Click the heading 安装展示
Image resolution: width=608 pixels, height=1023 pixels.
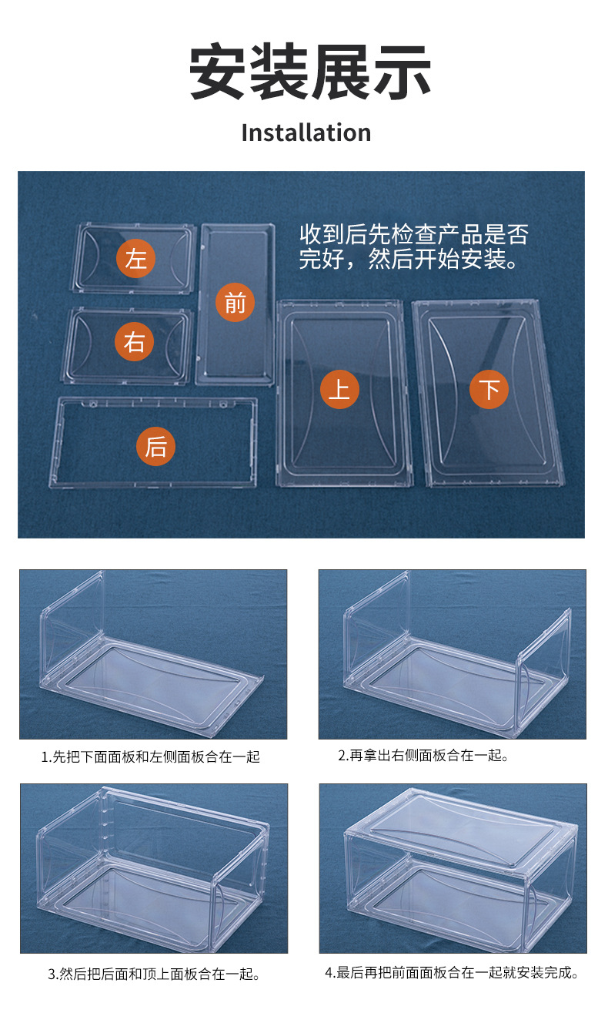(310, 72)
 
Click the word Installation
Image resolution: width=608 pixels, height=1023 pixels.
(306, 132)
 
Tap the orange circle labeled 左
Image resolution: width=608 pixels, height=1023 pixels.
(136, 257)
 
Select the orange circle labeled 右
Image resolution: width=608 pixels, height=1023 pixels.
(135, 341)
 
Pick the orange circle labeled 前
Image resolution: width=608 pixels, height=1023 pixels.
(235, 303)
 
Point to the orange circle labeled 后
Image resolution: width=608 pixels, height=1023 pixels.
(155, 446)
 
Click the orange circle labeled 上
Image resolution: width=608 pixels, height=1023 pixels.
(339, 389)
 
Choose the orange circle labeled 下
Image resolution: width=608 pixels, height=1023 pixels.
(489, 389)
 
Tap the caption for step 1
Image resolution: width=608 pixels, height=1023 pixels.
(150, 757)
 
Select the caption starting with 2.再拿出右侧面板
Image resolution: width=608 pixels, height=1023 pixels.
(423, 756)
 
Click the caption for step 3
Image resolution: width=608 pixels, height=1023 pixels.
(154, 974)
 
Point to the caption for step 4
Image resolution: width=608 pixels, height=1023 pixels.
(451, 973)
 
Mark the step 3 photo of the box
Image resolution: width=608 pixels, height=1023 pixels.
(153, 868)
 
